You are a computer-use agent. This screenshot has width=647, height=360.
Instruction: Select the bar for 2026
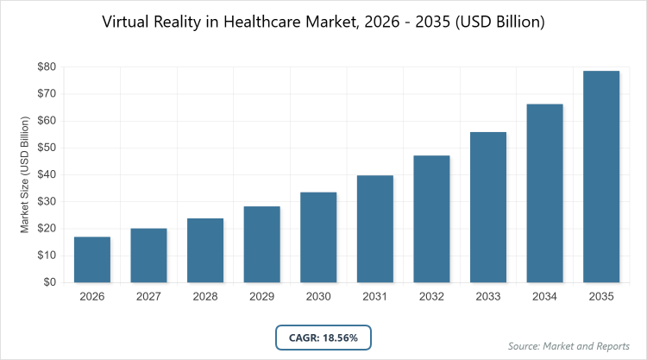coord(92,259)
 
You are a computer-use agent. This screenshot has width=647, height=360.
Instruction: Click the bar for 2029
coord(262,244)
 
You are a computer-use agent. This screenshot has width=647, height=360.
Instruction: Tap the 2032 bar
coord(432,218)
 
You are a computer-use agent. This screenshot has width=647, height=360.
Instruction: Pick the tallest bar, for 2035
coord(601,176)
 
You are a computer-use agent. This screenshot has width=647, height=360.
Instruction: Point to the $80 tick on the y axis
coord(47,66)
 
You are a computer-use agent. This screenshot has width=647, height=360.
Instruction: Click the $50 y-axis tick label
coord(47,148)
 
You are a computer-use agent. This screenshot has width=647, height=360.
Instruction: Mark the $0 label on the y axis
coord(50,282)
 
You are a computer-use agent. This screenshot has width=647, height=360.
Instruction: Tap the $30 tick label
coord(47,201)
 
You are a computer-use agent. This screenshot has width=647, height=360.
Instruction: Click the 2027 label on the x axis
coord(149,296)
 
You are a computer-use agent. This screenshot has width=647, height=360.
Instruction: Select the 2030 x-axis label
coord(318,296)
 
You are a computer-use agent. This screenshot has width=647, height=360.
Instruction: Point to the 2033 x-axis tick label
coord(488,296)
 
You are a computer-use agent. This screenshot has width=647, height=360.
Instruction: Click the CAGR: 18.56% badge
coord(323,337)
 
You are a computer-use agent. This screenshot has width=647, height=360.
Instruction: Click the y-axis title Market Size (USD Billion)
coord(26,174)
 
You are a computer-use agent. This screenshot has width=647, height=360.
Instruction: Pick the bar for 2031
coord(375,229)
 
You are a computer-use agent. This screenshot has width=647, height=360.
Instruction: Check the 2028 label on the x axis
coord(205,296)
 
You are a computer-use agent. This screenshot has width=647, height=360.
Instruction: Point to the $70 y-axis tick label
coord(47,93)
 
